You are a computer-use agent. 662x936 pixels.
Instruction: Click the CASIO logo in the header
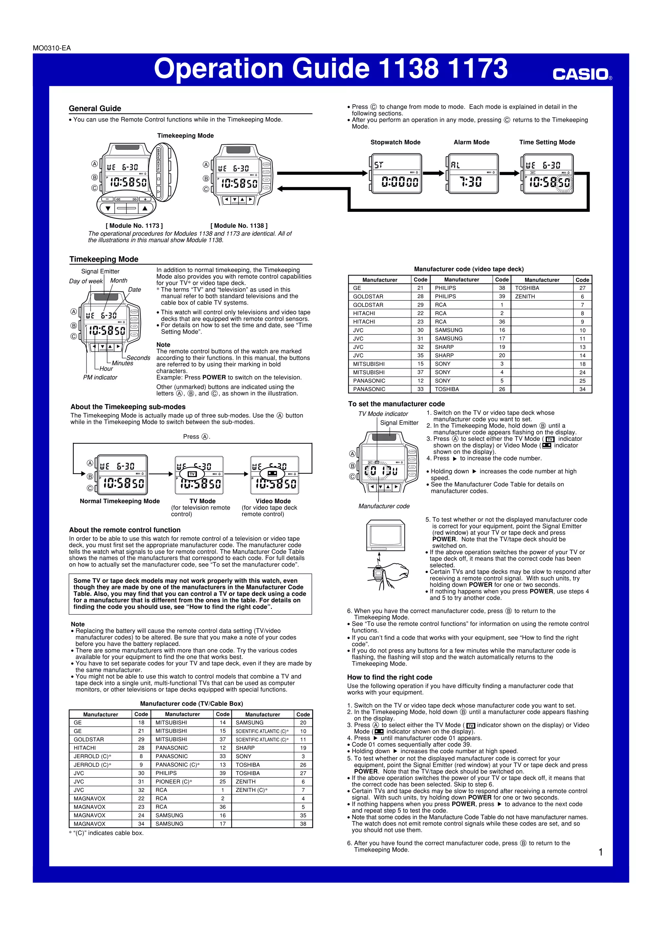[581, 75]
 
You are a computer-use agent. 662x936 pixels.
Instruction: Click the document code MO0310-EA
[52, 48]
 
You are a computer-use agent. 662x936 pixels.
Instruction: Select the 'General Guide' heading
[95, 109]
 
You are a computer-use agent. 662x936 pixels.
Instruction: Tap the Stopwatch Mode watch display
[395, 174]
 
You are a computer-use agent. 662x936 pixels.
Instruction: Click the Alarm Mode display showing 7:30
[472, 174]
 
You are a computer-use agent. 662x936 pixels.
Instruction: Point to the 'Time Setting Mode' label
[547, 142]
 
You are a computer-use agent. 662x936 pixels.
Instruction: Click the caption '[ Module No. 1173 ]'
[134, 225]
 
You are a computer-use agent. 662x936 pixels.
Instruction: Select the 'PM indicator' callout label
[100, 378]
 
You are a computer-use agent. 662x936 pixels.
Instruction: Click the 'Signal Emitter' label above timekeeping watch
[100, 271]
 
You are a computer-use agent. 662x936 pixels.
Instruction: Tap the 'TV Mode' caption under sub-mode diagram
[202, 501]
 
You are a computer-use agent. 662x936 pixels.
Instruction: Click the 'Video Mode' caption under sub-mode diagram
[273, 501]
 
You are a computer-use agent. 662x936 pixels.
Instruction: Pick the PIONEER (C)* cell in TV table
[174, 782]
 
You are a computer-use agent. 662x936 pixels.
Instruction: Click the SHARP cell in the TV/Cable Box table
[245, 748]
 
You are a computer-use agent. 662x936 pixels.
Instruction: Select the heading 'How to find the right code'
[390, 677]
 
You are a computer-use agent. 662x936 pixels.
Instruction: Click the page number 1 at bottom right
[600, 852]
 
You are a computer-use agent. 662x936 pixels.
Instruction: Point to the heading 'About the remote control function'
[124, 530]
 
